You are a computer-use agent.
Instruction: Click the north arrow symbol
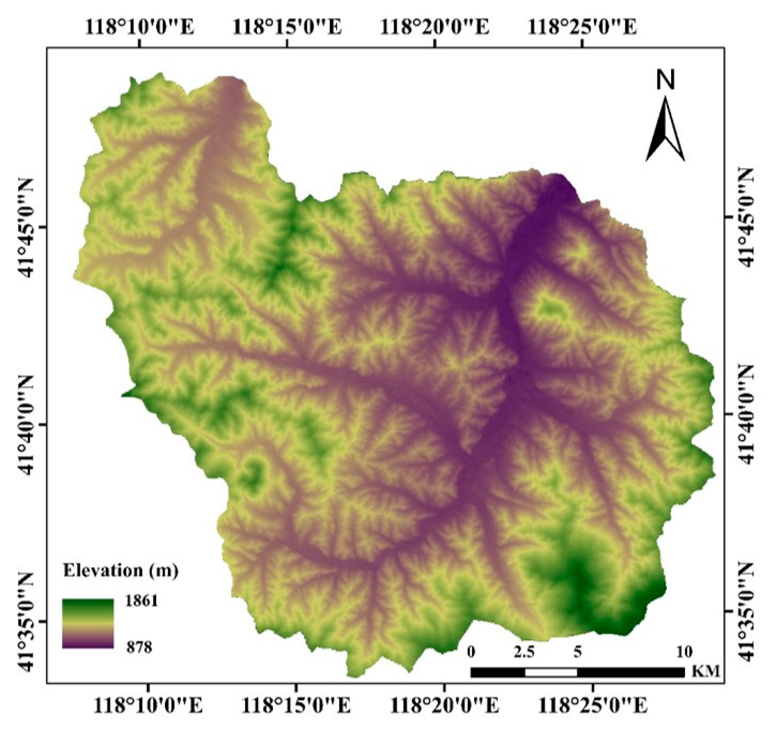665,128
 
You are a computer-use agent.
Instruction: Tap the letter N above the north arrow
665,80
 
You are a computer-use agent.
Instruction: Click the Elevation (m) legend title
121,571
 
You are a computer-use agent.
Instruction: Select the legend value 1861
141,601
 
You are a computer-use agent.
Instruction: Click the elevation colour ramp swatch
88,624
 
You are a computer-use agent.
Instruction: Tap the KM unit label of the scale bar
706,671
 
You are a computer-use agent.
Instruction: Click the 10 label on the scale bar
684,652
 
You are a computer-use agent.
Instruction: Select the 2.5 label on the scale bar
524,652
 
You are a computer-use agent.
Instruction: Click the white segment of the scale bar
551,672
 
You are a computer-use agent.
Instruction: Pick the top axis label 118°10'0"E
140,27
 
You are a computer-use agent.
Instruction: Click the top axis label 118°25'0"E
582,27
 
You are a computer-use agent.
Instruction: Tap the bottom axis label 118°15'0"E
296,706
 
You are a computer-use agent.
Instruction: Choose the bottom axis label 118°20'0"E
445,706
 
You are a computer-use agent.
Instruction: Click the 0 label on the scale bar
471,652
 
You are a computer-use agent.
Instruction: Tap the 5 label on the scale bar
577,652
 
